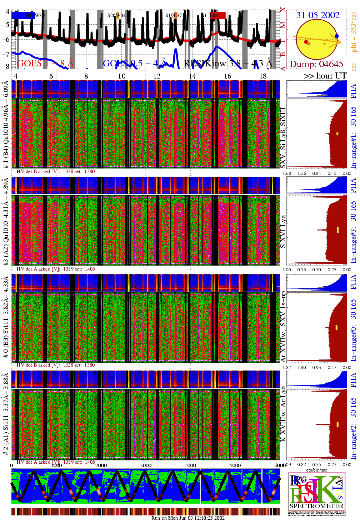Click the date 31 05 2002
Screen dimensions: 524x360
tap(317, 15)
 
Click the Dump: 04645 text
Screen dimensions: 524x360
tap(316, 64)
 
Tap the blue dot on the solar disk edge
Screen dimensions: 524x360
tap(337, 36)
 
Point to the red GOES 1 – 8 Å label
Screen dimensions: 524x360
tap(45, 64)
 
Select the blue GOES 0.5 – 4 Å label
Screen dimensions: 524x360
tap(135, 64)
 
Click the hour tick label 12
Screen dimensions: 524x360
tap(157, 76)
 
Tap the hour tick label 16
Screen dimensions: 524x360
tap(227, 76)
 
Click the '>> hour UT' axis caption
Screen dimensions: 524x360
tap(325, 76)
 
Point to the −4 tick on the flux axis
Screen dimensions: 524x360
tap(5, 11)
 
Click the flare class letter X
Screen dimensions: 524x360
tap(283, 10)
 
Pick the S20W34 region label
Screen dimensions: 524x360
tap(116, 16)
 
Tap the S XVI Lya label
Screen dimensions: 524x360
tap(283, 231)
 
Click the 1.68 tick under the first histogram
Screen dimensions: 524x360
tap(287, 173)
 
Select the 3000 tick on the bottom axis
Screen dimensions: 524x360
tap(146, 465)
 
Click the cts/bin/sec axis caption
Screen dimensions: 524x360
tap(317, 470)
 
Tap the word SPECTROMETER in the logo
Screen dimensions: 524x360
tap(316, 506)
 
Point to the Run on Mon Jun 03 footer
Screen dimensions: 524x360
tap(188, 518)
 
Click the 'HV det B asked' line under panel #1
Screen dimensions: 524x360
tap(56, 171)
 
